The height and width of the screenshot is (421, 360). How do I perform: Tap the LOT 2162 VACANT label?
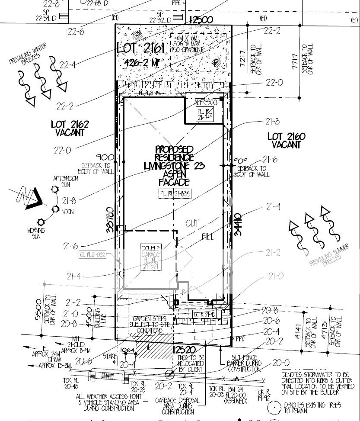tap(70, 129)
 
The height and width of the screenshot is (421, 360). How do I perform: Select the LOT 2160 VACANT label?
tap(286, 141)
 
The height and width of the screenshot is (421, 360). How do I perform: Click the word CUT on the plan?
tap(193, 223)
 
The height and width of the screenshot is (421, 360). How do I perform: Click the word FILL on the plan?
tap(209, 237)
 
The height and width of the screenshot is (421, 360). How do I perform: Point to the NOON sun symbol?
tap(56, 210)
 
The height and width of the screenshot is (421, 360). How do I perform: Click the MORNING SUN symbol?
tap(41, 222)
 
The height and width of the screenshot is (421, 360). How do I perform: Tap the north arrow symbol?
tap(28, 199)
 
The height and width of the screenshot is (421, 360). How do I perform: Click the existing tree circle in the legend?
tap(273, 407)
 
